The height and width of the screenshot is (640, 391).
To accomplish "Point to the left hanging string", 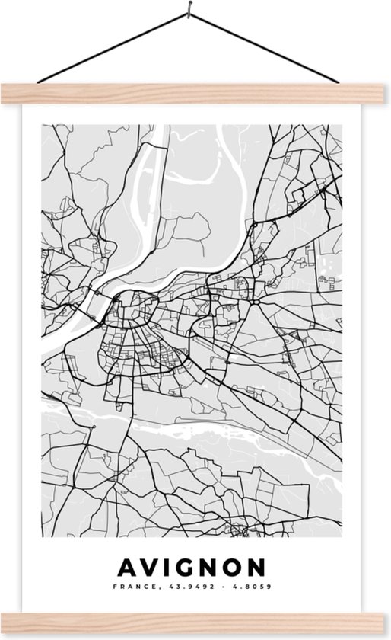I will coord(114,50).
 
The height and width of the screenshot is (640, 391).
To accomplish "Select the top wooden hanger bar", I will coord(195,93).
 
